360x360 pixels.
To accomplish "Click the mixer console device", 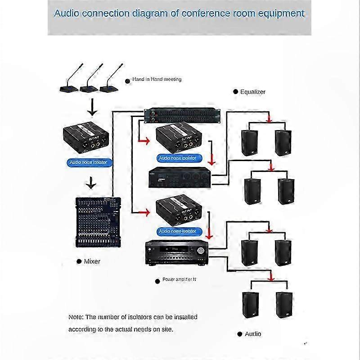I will pyautogui.click(x=98, y=221).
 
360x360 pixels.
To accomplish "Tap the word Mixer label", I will pyautogui.click(x=92, y=261).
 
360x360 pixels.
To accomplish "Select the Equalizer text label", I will pyautogui.click(x=252, y=92).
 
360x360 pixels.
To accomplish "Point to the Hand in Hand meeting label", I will pyautogui.click(x=157, y=79).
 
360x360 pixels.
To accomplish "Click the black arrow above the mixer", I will pyautogui.click(x=92, y=183).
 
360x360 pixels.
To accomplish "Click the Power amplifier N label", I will pyautogui.click(x=179, y=280).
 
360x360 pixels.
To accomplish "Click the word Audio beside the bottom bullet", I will pyautogui.click(x=253, y=334).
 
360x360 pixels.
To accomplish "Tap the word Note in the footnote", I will pyautogui.click(x=75, y=317).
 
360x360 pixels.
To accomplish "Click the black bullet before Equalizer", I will pyautogui.click(x=235, y=92).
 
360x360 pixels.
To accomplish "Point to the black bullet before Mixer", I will pyautogui.click(x=79, y=261).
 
